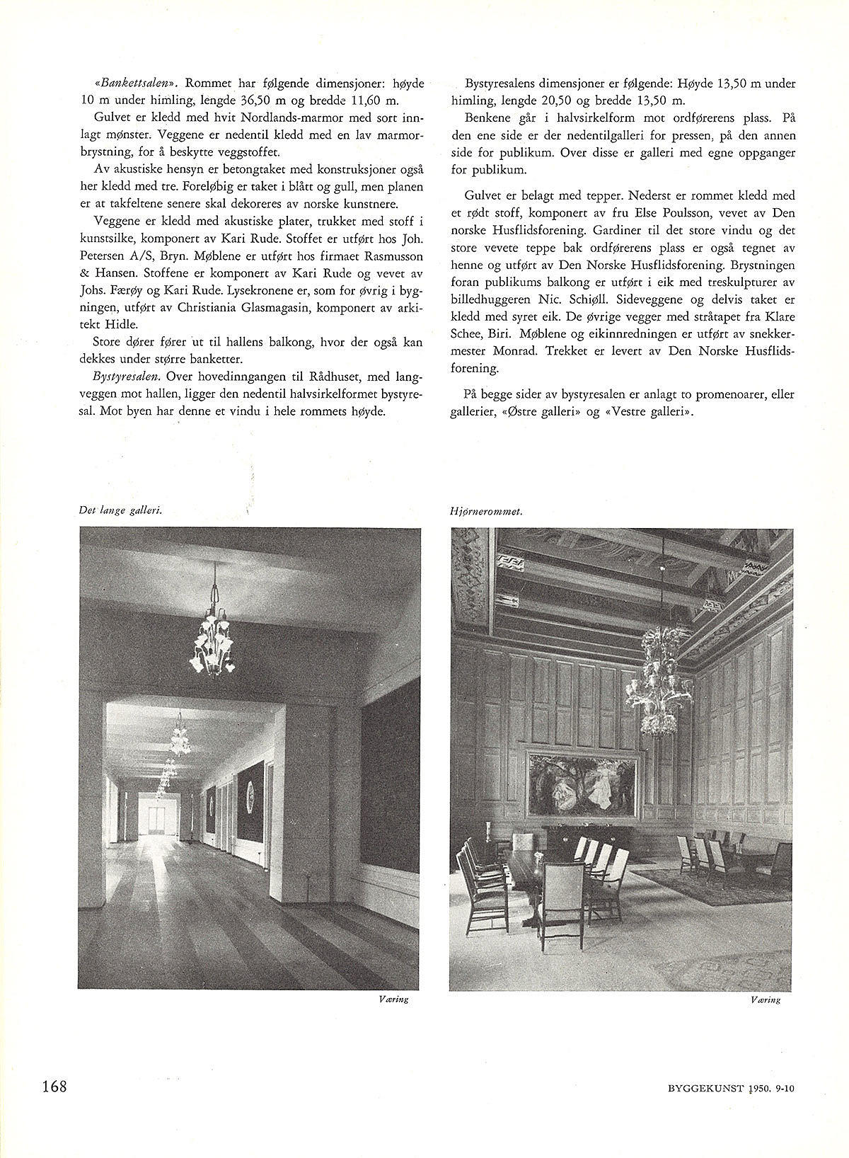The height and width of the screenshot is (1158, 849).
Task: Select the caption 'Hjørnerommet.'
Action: click(x=486, y=511)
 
